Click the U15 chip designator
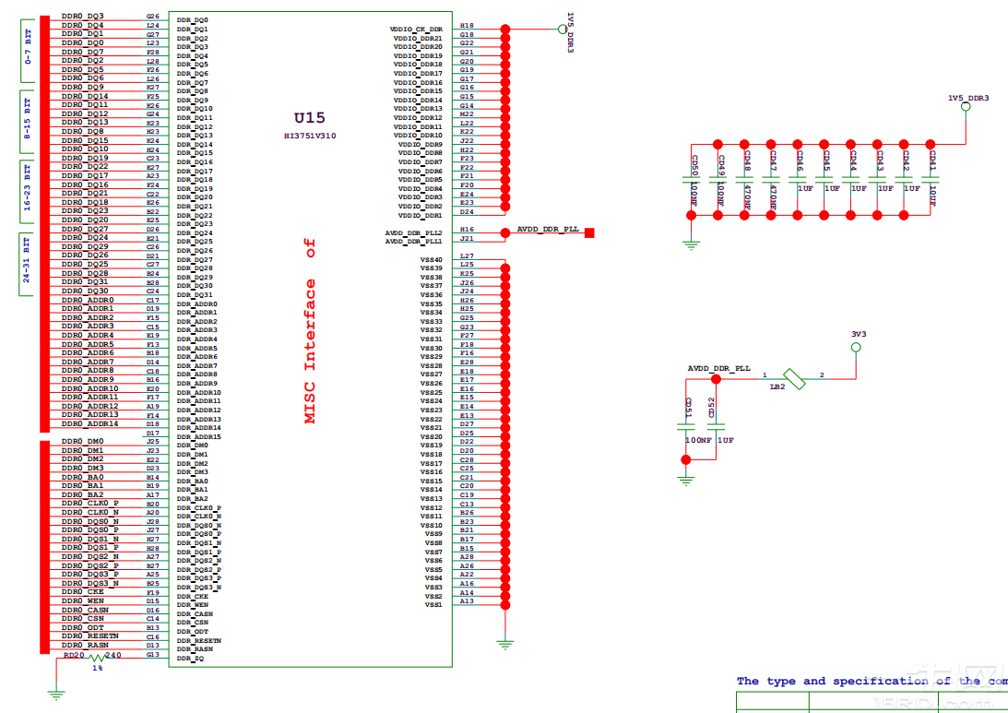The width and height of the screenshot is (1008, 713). (309, 118)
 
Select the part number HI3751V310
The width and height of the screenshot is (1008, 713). (310, 136)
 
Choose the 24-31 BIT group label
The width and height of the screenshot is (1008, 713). (28, 264)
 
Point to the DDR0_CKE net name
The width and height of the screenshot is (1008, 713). (82, 592)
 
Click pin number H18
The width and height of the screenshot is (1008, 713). (467, 26)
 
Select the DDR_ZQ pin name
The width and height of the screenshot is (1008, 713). (190, 659)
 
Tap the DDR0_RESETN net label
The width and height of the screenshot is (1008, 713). (89, 636)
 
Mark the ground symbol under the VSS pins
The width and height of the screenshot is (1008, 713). (504, 645)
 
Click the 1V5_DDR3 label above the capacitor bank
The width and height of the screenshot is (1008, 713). (968, 97)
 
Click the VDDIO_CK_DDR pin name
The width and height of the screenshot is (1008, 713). (417, 30)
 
